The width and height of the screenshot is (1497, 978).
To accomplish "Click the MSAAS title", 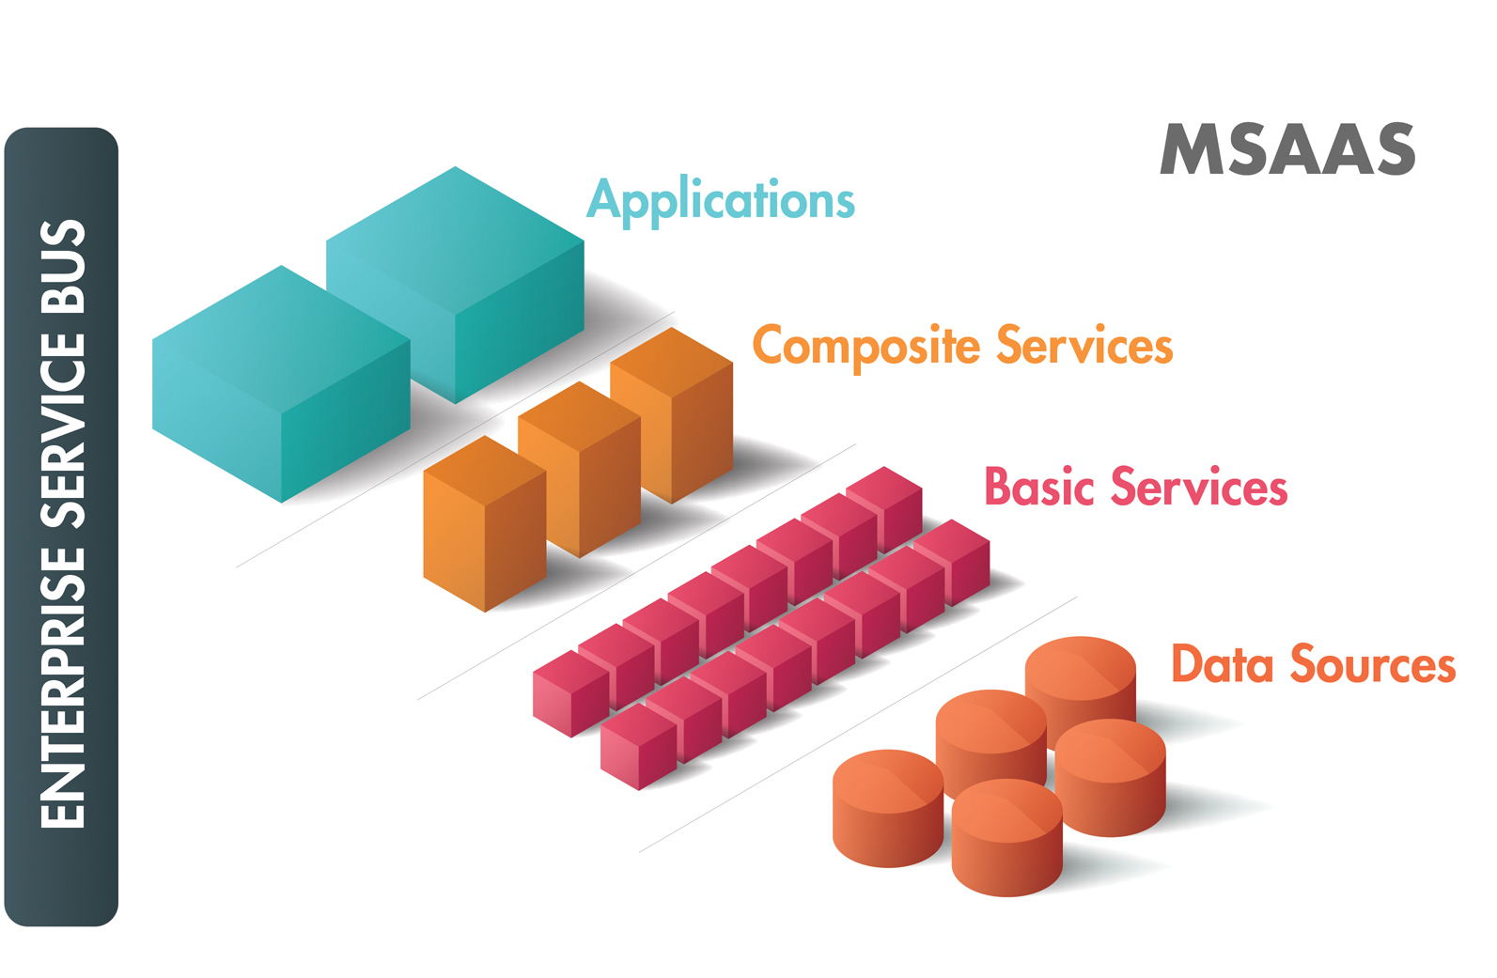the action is coord(1287,149).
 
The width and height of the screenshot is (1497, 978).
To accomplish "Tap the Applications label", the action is coord(721,200).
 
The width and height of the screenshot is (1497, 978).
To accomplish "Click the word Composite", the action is coord(866,347).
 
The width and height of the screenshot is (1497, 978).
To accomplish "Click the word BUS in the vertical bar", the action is coord(63,267).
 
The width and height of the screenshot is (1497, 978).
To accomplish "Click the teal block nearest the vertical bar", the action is coord(281,383).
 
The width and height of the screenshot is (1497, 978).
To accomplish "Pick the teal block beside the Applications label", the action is coord(455,285).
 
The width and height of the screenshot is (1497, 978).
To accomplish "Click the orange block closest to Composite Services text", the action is coord(672,415).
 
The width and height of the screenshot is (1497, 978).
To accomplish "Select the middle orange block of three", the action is coord(580,469).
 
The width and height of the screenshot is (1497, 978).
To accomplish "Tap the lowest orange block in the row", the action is coord(485,523).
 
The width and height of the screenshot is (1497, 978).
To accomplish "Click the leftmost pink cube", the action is coord(571,693).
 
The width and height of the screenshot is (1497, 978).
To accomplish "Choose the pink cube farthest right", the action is coord(952,563).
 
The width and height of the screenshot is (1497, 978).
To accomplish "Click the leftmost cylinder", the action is coord(888,808).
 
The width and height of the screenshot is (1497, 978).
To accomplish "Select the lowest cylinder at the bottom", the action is coord(1007,838).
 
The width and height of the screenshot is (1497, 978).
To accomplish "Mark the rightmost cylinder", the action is coord(1111,778).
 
